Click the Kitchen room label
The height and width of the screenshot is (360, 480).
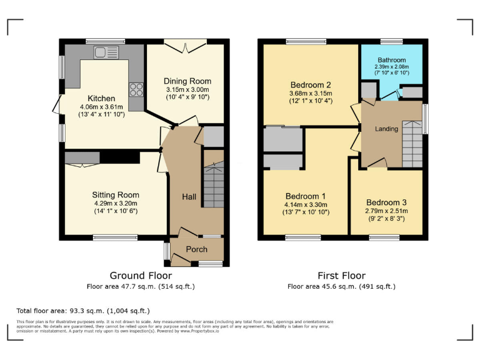pos(101,98)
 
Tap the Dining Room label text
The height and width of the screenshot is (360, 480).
pos(187,81)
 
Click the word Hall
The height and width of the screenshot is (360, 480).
pos(189,197)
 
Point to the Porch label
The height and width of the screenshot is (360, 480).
pos(197,250)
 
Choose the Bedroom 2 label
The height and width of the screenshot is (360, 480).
pos(311,85)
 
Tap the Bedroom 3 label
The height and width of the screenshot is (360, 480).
pos(386,202)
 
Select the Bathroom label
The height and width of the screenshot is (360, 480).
pos(391,60)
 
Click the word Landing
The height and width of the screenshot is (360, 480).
pos(386,129)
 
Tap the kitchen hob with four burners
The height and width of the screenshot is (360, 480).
pos(135,89)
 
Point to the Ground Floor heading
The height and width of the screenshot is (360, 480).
pos(141,276)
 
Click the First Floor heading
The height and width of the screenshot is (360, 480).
pos(341,276)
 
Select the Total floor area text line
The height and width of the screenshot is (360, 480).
pos(83,311)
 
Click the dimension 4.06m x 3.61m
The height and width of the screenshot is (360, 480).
pos(101,107)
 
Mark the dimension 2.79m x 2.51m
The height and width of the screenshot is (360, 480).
pos(386,211)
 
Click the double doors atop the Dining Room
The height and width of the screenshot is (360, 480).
pos(185,44)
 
